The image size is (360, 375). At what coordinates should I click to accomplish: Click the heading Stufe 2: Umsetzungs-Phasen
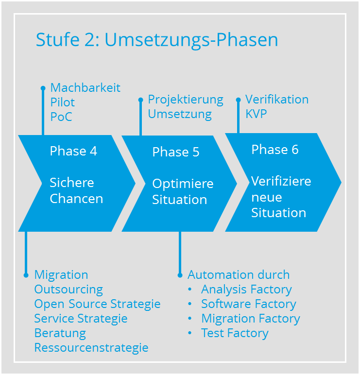point(157,40)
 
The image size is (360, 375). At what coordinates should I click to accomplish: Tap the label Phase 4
point(73,151)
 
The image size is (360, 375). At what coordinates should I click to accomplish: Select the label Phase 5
point(176,152)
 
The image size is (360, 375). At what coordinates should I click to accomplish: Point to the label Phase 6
point(275,150)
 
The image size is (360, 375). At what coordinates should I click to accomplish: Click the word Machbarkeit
point(86,88)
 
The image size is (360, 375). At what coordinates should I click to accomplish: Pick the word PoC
point(61,117)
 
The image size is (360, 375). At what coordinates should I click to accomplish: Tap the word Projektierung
point(186,100)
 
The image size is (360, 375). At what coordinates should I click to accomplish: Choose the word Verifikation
point(277,100)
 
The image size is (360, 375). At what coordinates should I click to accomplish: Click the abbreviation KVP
point(256,114)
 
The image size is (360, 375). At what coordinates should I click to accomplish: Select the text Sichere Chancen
point(76,190)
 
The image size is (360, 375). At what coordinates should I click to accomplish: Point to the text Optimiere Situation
point(183,191)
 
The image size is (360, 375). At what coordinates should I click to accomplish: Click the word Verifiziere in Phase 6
point(281,181)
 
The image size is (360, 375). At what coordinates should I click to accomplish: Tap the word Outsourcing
point(69,290)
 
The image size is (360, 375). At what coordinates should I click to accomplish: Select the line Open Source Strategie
point(97,304)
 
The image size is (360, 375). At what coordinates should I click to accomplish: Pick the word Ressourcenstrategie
point(91,348)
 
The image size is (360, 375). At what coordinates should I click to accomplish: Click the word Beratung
point(60,333)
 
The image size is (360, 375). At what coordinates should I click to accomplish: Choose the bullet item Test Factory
point(235,333)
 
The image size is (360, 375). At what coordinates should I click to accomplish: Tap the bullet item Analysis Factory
point(246,290)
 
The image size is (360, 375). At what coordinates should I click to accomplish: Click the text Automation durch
point(239,275)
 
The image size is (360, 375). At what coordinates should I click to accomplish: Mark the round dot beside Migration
point(26,275)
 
